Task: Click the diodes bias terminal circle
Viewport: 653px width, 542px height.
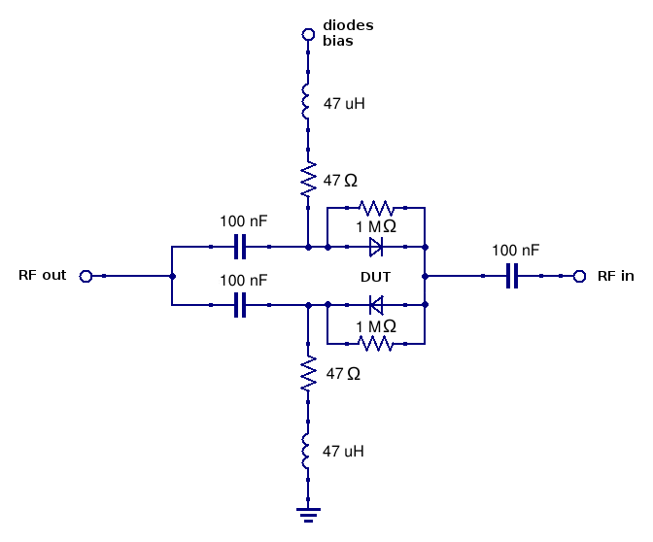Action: (x=308, y=35)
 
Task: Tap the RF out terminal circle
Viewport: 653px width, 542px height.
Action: (x=86, y=276)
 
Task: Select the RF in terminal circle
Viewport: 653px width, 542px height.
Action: (x=579, y=276)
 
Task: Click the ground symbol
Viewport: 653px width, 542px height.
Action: (x=308, y=512)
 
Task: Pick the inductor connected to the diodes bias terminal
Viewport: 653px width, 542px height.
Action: (x=308, y=103)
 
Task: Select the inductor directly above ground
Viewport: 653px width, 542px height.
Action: (x=308, y=451)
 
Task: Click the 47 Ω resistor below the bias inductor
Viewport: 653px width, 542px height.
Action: (x=308, y=179)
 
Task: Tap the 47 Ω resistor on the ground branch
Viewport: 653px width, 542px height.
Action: (x=308, y=373)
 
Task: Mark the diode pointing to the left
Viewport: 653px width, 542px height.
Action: (x=376, y=305)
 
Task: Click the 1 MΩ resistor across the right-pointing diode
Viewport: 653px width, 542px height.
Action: (x=376, y=208)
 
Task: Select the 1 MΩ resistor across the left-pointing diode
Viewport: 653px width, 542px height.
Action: (x=376, y=344)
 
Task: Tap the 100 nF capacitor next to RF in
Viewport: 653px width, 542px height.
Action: (x=512, y=276)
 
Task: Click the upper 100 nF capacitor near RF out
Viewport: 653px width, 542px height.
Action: (x=240, y=247)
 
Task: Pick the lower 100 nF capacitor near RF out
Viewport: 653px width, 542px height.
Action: (x=240, y=305)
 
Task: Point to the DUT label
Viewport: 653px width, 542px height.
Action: (x=375, y=277)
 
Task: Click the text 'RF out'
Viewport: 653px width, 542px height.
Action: (x=43, y=276)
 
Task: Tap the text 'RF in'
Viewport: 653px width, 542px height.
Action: (x=615, y=276)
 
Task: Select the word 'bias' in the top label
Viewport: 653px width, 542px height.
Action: (x=337, y=42)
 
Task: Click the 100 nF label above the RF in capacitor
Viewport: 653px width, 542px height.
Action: (x=516, y=251)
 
